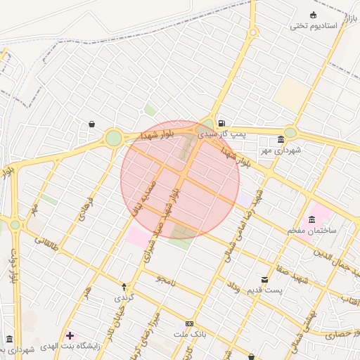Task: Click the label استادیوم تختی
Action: pos(314,26)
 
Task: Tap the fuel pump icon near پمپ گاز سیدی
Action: pos(222,120)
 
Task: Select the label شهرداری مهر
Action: pos(280,150)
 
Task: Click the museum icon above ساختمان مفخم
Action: pos(312,219)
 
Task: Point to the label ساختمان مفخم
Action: pos(312,231)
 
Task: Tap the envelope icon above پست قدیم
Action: pos(264,280)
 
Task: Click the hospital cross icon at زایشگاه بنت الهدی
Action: pos(69,335)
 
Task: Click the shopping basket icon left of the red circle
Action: pos(92,124)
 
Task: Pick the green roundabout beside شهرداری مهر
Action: pos(290,133)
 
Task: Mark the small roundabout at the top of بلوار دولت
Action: pos(15,225)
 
